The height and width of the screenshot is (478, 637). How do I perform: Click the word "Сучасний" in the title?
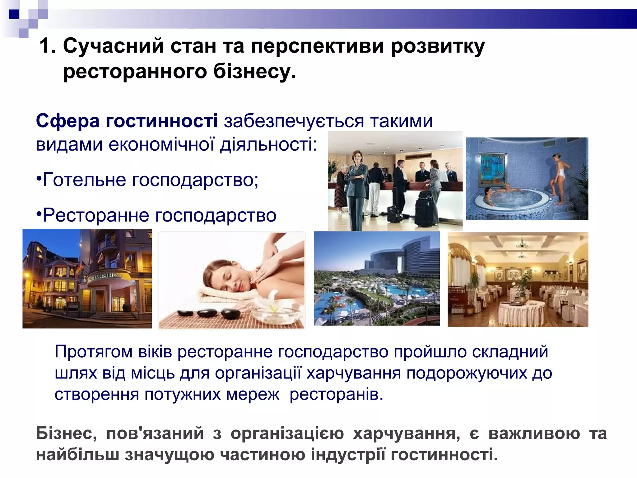pyautogui.click(x=113, y=46)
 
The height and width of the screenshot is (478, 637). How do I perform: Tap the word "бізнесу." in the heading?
pyautogui.click(x=254, y=71)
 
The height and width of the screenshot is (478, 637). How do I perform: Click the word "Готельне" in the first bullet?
pyautogui.click(x=84, y=180)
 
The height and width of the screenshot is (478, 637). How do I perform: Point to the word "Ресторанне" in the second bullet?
pyautogui.click(x=96, y=215)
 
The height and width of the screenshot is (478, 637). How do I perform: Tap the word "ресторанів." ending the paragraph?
pyautogui.click(x=336, y=394)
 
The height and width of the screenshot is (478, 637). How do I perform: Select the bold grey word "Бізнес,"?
pyautogui.click(x=66, y=433)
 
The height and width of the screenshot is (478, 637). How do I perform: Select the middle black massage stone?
pyautogui.click(x=208, y=313)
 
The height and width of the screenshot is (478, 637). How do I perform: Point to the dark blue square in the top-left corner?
pyautogui.click(x=14, y=14)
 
